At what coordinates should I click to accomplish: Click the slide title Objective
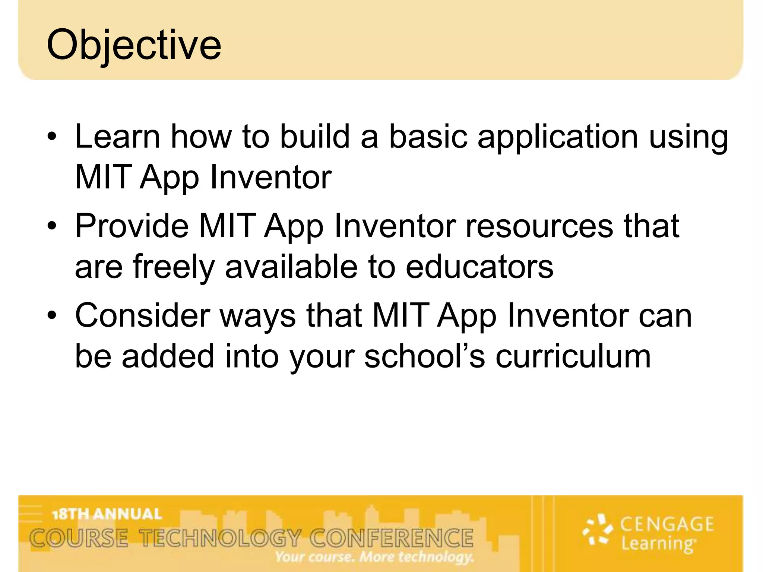point(134,45)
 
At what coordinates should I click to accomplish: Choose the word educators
point(479,267)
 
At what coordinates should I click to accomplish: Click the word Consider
point(142,316)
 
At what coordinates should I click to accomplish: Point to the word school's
point(424,357)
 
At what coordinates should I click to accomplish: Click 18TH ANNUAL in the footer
point(107,514)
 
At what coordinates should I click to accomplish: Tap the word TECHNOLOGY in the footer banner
point(220,538)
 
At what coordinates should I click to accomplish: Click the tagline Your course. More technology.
point(374,557)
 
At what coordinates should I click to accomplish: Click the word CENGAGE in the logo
point(667,524)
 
